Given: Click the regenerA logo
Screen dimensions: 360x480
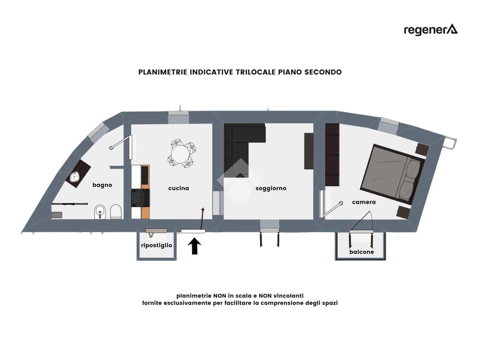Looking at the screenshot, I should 430,30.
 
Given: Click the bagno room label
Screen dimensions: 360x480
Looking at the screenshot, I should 102,185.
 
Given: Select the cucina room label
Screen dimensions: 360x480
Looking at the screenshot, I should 179,188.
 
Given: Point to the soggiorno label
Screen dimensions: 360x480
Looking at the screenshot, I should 270,188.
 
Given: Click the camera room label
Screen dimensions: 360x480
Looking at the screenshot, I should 364,202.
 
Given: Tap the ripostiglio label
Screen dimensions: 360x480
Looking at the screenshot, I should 157,246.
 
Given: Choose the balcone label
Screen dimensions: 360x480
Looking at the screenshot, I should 361,252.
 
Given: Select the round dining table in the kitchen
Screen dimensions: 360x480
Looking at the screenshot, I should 180,153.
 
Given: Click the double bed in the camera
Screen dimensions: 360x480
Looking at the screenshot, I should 393,173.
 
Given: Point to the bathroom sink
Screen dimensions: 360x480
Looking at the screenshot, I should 75,177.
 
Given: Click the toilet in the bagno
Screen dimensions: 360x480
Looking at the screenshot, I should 116,212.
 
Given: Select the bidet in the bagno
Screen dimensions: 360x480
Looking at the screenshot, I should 99,212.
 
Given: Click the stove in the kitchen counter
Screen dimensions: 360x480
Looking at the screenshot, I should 140,198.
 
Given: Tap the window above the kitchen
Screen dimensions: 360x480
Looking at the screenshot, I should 179,118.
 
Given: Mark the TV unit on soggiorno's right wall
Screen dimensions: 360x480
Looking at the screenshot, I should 308,151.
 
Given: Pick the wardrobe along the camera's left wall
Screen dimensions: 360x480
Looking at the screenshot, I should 332,155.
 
